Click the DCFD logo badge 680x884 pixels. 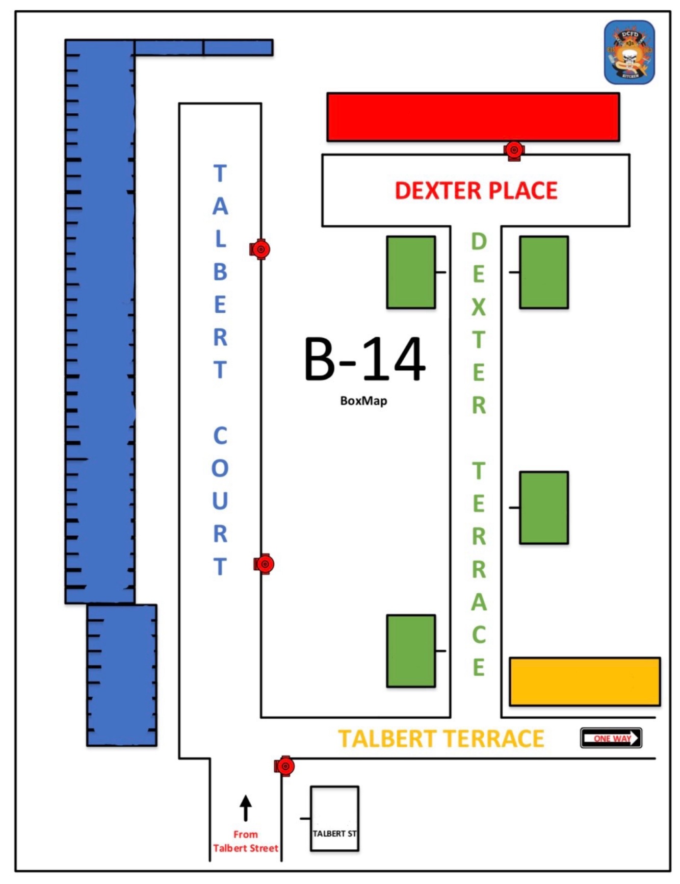[x=629, y=53]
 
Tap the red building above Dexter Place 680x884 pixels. [x=473, y=117]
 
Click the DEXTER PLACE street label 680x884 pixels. [x=476, y=191]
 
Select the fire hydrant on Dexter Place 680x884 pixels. [x=514, y=150]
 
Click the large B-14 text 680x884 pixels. [x=364, y=360]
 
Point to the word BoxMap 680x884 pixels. [x=363, y=401]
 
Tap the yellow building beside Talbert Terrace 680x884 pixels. [x=585, y=682]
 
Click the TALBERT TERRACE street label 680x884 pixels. [x=441, y=739]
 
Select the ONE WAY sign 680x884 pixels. [x=611, y=738]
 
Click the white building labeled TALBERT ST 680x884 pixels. [x=334, y=819]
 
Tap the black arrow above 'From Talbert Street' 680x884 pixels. [x=246, y=808]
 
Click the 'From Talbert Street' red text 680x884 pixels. [x=246, y=841]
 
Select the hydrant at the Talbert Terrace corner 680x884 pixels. [x=284, y=766]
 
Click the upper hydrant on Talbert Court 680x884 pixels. [x=260, y=249]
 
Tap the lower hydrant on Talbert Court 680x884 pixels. [x=264, y=564]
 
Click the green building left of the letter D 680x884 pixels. [x=411, y=272]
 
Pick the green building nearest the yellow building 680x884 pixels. [x=544, y=508]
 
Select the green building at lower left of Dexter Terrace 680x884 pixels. [x=411, y=651]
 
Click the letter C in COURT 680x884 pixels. [x=220, y=436]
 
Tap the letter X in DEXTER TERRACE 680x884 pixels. [x=478, y=307]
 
